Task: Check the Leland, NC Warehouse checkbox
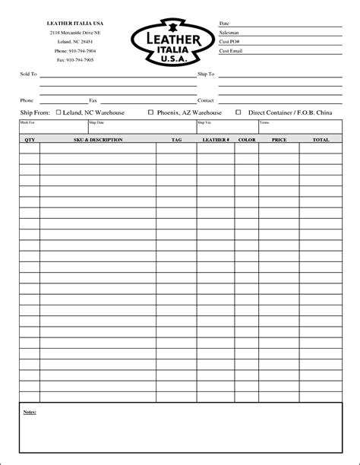[60, 112]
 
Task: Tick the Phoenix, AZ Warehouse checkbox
[150, 112]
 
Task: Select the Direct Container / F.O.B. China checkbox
[238, 112]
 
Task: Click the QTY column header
[30, 141]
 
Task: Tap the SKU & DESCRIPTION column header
[98, 141]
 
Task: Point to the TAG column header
[176, 141]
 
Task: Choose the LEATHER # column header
[216, 141]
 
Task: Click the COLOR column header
[247, 141]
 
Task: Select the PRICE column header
[279, 141]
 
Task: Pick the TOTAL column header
[321, 141]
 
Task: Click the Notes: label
[30, 412]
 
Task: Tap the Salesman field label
[229, 33]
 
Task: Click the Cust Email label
[230, 51]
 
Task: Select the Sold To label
[27, 74]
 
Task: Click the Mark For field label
[27, 122]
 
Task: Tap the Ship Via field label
[204, 122]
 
